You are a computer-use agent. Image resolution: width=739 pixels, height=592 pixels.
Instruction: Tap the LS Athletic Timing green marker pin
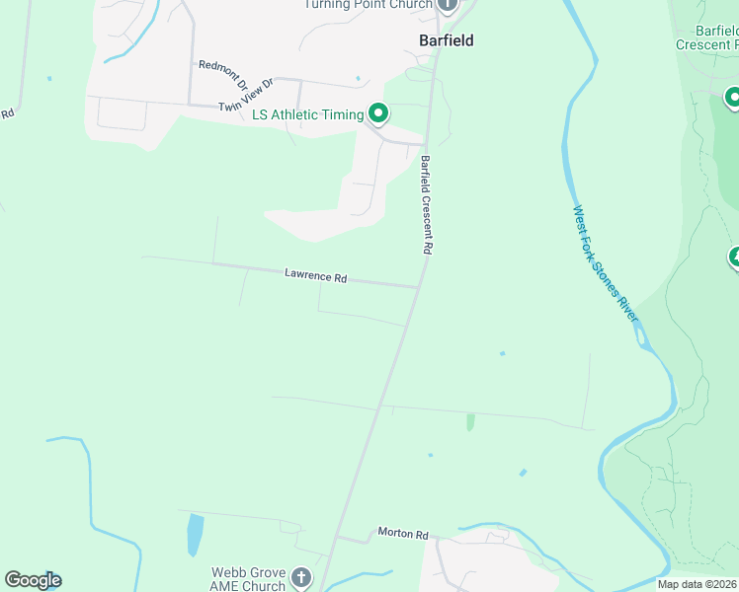(x=376, y=113)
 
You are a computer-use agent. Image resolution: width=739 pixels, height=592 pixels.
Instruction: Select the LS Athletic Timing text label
(x=307, y=114)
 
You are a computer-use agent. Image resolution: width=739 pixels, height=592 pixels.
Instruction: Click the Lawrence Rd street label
(x=316, y=276)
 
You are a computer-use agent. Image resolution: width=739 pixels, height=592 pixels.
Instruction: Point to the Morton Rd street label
(x=403, y=534)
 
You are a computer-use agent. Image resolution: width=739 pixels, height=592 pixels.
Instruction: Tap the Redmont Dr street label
(x=222, y=72)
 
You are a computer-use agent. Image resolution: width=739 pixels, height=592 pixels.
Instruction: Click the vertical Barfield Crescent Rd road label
(x=426, y=206)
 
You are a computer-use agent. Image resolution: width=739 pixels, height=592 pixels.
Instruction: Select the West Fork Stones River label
(x=606, y=262)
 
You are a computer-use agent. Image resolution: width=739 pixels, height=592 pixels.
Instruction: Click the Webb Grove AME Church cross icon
(x=301, y=576)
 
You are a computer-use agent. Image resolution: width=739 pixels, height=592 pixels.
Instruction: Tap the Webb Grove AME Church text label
(x=248, y=579)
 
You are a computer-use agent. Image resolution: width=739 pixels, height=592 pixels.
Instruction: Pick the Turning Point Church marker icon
(x=447, y=4)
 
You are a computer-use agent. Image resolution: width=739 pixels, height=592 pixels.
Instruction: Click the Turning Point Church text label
(x=368, y=4)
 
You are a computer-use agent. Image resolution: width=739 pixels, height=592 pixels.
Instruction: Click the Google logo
(x=33, y=580)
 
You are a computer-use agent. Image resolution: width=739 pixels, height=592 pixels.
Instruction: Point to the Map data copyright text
(x=698, y=584)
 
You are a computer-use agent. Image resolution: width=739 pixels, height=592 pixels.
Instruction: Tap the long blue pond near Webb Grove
(x=195, y=535)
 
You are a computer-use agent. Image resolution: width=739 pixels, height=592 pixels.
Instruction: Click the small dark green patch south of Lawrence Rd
(x=470, y=421)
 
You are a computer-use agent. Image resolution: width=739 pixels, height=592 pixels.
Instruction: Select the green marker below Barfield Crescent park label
(x=733, y=98)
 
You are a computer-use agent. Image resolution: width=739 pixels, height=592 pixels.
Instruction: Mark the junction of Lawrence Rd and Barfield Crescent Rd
(x=419, y=287)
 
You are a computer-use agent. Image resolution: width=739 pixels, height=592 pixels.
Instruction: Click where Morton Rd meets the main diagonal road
(x=337, y=539)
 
